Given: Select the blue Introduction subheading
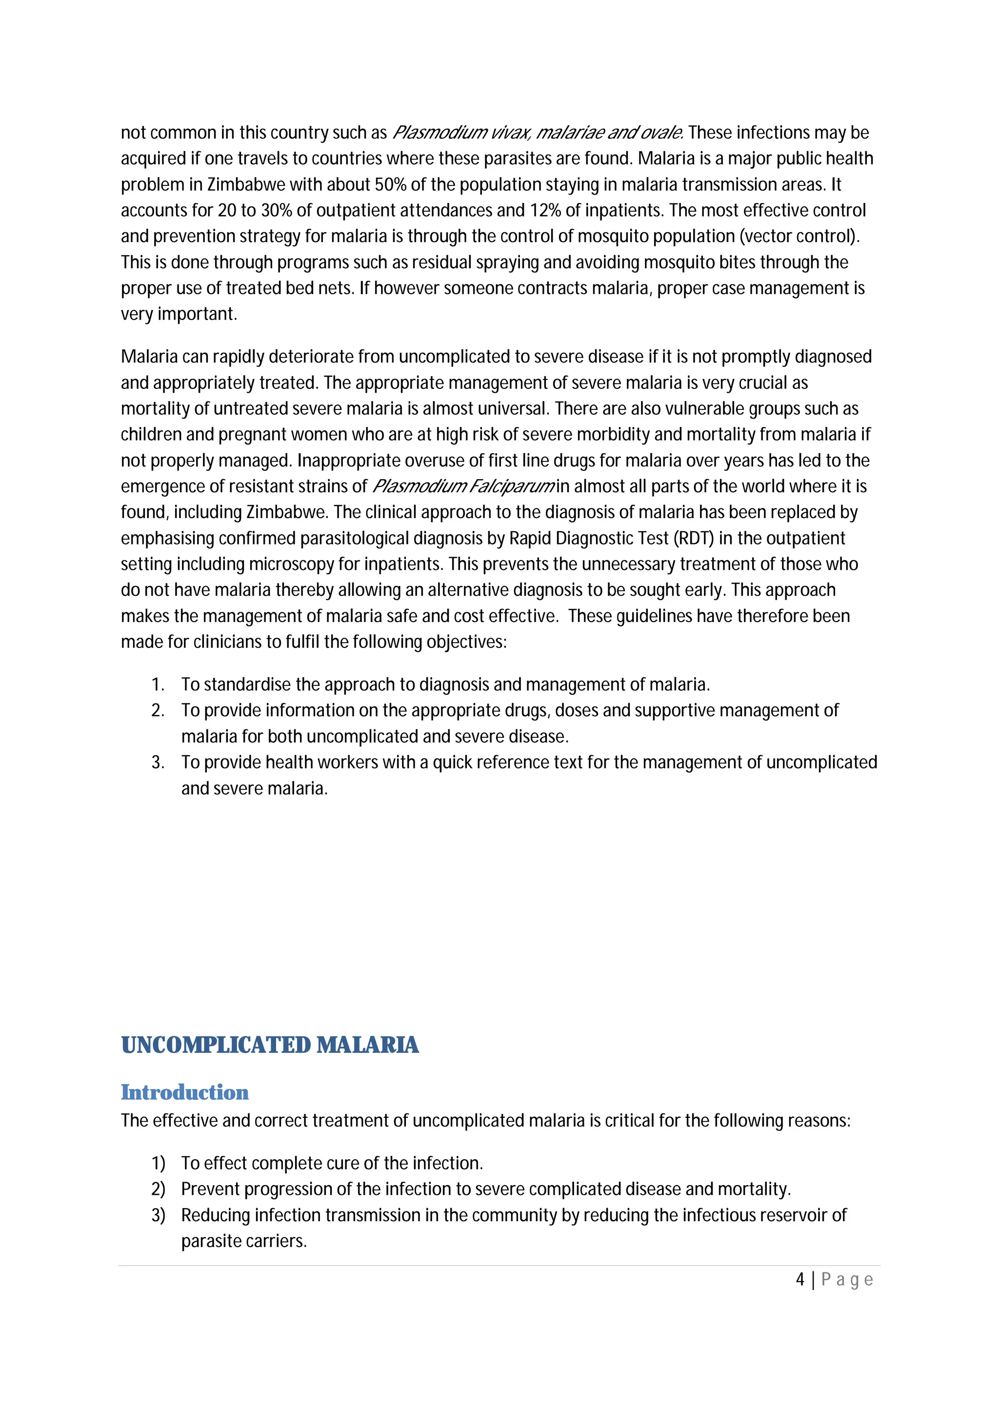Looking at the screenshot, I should [x=184, y=1092].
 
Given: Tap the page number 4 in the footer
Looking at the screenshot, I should [x=799, y=1279].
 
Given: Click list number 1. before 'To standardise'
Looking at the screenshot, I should [x=158, y=685].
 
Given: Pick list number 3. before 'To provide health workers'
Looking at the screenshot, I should [x=158, y=763].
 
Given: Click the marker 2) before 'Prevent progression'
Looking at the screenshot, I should [x=158, y=1189].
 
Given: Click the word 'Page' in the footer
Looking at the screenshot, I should [x=847, y=1279].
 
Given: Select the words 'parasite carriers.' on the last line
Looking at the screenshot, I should [x=243, y=1241].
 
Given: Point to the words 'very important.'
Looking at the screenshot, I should [x=179, y=314].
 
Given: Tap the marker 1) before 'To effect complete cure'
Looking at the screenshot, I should [x=158, y=1163].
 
